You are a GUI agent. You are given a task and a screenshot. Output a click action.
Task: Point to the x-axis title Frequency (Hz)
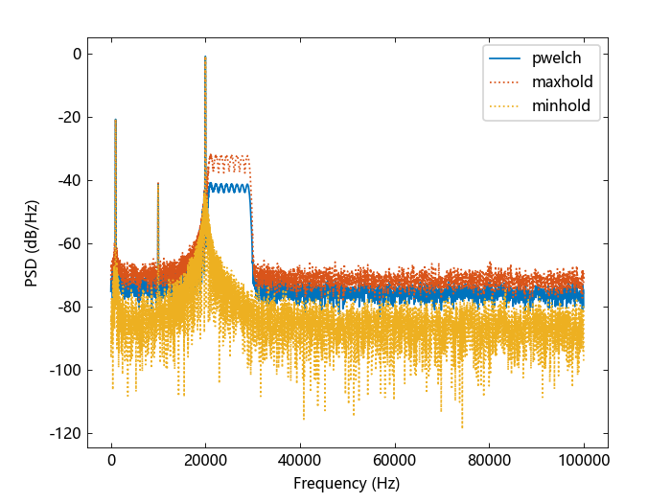click(x=347, y=484)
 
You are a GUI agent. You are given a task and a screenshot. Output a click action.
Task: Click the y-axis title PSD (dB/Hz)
click(x=33, y=242)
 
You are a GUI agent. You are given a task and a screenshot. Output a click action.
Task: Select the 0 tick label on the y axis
click(x=76, y=54)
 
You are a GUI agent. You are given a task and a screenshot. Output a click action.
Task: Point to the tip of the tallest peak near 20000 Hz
click(x=205, y=57)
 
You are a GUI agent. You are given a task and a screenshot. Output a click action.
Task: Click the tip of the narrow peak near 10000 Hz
click(x=158, y=183)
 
